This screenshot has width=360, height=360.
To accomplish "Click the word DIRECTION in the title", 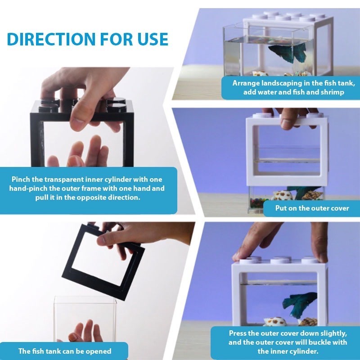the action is coord(51,39).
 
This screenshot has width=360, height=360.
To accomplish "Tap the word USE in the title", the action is coord(153,39).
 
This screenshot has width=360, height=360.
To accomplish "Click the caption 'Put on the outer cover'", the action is coord(312,208).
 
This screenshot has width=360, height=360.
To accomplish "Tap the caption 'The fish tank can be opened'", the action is coord(65,351).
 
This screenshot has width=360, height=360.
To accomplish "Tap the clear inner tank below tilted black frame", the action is coord(85,321).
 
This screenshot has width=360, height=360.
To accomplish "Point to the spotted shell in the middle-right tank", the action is coord(282,196).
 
